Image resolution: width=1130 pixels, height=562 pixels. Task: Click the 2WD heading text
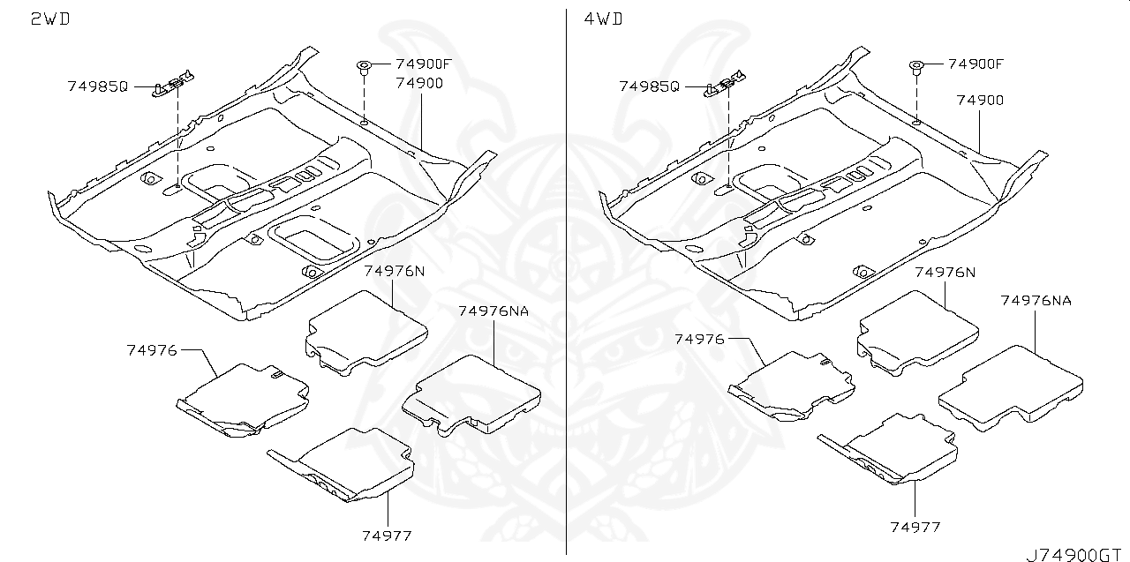50,19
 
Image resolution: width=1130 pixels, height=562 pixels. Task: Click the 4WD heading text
603,19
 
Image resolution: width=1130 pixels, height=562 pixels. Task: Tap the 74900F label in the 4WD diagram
976,64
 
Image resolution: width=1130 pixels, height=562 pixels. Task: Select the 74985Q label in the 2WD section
97,86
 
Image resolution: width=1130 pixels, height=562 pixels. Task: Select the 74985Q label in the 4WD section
650,86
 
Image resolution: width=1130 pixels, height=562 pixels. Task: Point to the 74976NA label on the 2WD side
493,311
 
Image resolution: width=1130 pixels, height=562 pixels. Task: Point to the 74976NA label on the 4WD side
1036,301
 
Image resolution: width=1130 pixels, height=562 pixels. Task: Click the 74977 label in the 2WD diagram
386,536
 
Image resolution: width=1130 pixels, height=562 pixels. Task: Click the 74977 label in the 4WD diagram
915,527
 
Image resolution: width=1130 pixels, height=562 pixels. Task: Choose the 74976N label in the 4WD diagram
945,272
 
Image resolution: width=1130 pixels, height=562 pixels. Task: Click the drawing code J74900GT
1076,554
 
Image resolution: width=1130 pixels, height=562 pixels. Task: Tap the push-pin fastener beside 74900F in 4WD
916,66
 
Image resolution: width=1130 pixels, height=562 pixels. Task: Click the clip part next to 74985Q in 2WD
171,86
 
